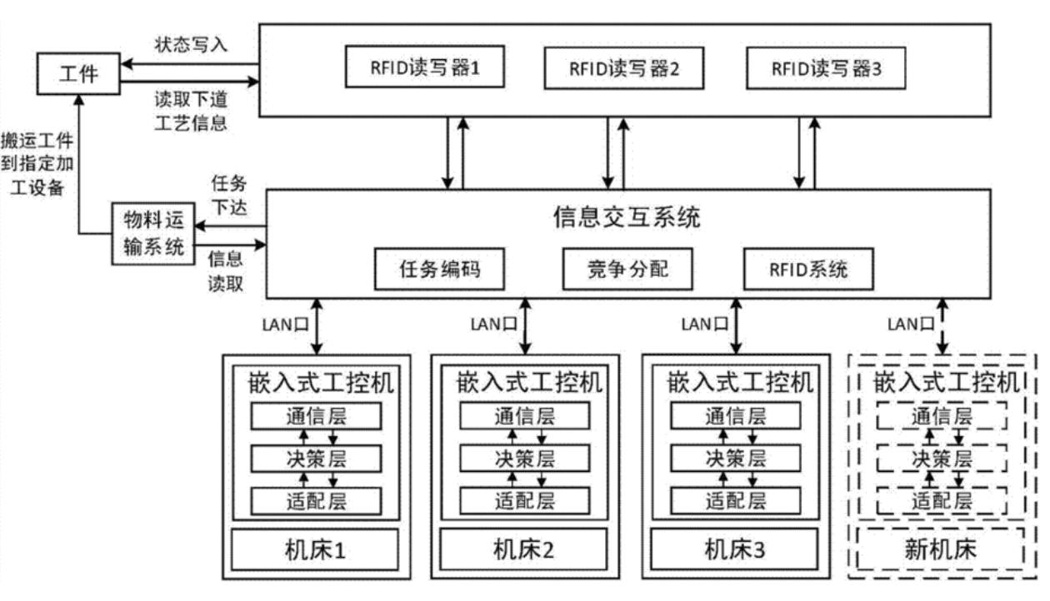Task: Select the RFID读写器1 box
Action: coord(425,68)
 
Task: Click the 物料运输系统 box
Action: coord(152,233)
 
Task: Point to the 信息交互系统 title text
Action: coord(627,218)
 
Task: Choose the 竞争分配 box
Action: coord(627,268)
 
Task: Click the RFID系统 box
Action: coord(808,268)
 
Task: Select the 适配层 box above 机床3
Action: coord(734,500)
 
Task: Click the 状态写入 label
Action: coord(190,45)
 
